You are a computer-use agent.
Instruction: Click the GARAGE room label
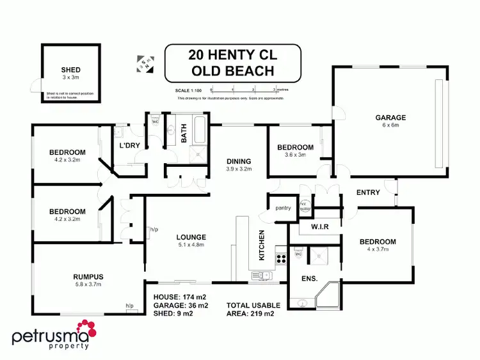point(390,118)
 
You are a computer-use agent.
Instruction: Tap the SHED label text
point(70,70)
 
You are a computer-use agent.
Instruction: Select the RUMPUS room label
point(88,276)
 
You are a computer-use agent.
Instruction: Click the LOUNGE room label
point(192,238)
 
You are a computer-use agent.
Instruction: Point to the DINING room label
point(238,161)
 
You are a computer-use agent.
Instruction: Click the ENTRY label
point(368,192)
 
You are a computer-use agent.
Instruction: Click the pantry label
point(282,208)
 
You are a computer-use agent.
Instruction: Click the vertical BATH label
point(184,136)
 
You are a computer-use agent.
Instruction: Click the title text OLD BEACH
point(232,71)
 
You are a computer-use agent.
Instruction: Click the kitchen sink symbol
point(262,276)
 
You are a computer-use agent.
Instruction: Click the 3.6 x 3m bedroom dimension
point(295,155)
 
